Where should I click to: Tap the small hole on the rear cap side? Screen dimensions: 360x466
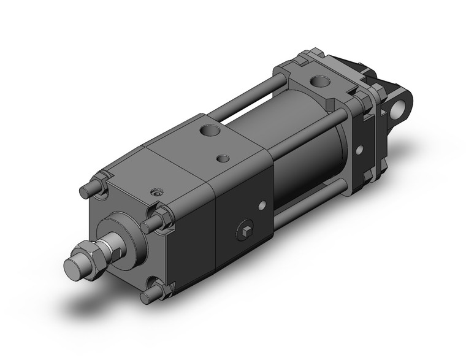[360, 148]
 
